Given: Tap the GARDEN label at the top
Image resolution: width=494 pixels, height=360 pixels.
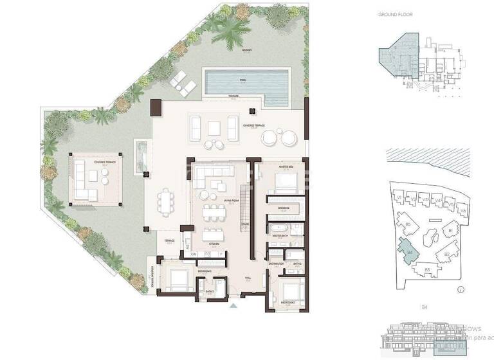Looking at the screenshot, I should tap(246, 50).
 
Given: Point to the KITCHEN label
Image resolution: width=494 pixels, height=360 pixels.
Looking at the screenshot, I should tap(212, 244).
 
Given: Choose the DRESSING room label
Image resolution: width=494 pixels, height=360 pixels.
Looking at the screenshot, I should tap(284, 208).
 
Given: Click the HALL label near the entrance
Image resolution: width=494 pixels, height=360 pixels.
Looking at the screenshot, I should tap(248, 278).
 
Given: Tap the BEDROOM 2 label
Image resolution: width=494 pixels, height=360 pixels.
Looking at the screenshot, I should tap(287, 301).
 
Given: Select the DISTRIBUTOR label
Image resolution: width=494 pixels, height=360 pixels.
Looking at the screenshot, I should tap(277, 264).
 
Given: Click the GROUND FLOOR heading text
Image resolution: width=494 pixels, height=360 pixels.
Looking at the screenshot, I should tap(395, 14).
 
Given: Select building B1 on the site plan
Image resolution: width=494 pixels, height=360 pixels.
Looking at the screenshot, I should tap(452, 230).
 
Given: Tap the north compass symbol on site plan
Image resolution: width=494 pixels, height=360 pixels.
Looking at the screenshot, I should tap(461, 290).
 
